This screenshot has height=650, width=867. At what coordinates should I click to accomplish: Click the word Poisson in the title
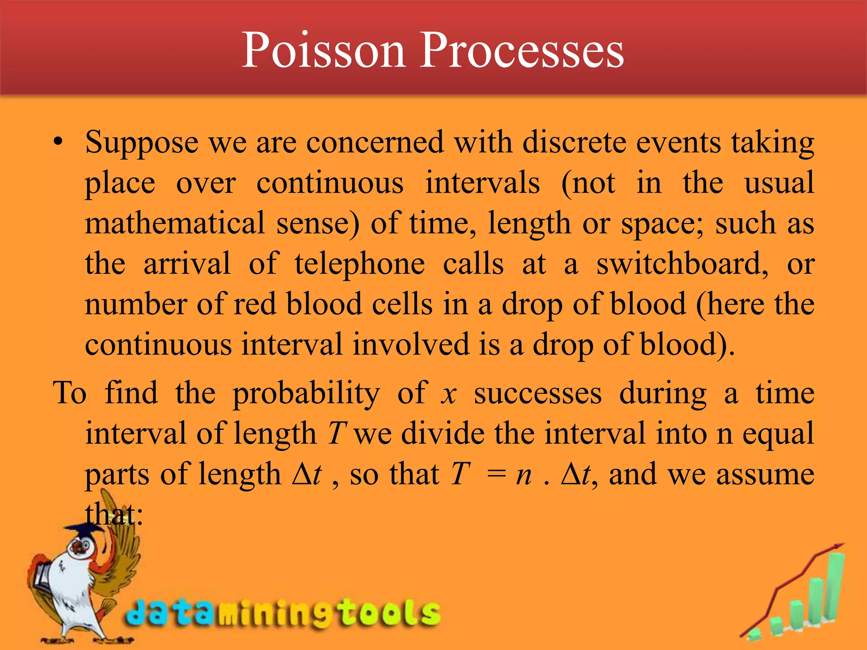[323, 50]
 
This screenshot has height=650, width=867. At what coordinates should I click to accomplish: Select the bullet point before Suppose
[58, 142]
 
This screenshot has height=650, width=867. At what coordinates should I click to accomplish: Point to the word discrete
[574, 142]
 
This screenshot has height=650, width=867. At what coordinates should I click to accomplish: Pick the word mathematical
[175, 223]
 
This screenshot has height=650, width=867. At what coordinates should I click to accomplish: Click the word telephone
[359, 264]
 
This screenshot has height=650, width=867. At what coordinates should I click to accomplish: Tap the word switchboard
[682, 264]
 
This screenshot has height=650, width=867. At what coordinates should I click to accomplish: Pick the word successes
[537, 393]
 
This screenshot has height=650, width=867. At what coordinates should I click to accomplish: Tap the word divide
[442, 433]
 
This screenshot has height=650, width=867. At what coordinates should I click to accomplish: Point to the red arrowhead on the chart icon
[838, 547]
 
